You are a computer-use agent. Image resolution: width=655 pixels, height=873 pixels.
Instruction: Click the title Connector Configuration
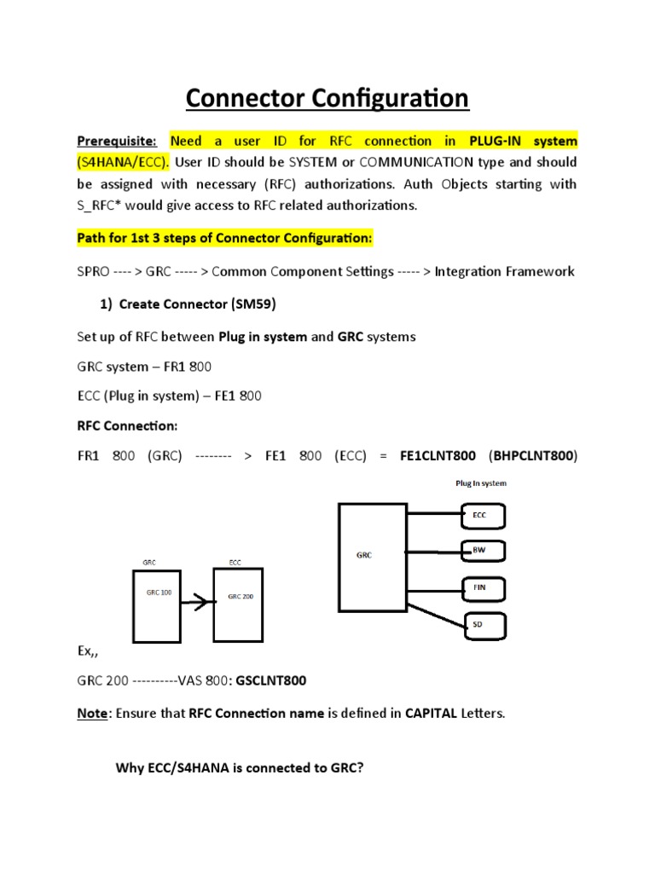click(327, 98)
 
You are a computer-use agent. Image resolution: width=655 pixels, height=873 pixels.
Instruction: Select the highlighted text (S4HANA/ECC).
click(119, 162)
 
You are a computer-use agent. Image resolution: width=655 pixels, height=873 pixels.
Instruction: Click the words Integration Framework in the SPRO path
click(504, 272)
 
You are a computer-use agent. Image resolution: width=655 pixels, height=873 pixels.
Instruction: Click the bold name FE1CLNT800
click(433, 456)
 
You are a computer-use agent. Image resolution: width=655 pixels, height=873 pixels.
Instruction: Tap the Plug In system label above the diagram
click(480, 483)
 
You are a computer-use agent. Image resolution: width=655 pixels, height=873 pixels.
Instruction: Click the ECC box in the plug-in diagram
click(483, 515)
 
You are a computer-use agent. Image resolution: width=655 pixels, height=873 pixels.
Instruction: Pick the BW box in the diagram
click(483, 552)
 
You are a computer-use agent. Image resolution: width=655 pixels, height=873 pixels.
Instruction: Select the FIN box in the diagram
click(483, 588)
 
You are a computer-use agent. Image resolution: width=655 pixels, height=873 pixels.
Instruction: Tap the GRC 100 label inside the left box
click(159, 592)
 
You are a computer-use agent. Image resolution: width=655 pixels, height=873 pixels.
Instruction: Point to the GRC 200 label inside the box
click(240, 597)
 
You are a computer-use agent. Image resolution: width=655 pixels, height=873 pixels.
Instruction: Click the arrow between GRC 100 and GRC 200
click(198, 604)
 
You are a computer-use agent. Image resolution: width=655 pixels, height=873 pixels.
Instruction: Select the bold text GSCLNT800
click(271, 681)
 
